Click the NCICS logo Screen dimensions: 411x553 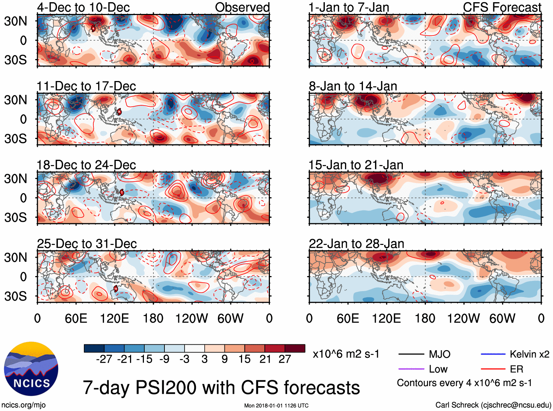pyautogui.click(x=31, y=368)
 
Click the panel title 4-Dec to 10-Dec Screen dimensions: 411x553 pyautogui.click(x=83, y=7)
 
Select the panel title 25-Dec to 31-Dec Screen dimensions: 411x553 pyautogui.click(x=87, y=244)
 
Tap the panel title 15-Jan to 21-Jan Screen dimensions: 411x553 pyautogui.click(x=356, y=165)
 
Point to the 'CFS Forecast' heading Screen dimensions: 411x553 pyautogui.click(x=502, y=7)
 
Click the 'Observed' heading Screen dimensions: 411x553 pyautogui.click(x=242, y=7)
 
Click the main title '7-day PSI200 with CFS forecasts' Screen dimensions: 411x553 pyautogui.click(x=221, y=388)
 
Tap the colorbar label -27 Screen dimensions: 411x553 pyautogui.click(x=104, y=359)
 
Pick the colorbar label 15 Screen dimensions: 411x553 pyautogui.click(x=244, y=359)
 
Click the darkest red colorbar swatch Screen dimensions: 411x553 pyautogui.click(x=295, y=348)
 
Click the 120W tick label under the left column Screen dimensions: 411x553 pyautogui.click(x=192, y=318)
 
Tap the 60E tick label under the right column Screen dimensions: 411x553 pyautogui.click(x=348, y=318)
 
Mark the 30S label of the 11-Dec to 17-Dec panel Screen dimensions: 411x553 pyautogui.click(x=15, y=139)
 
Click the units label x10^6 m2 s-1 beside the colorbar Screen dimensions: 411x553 pyautogui.click(x=346, y=354)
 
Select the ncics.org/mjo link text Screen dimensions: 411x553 pyautogui.click(x=23, y=405)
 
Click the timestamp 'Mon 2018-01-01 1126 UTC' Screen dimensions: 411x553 pyautogui.click(x=276, y=406)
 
